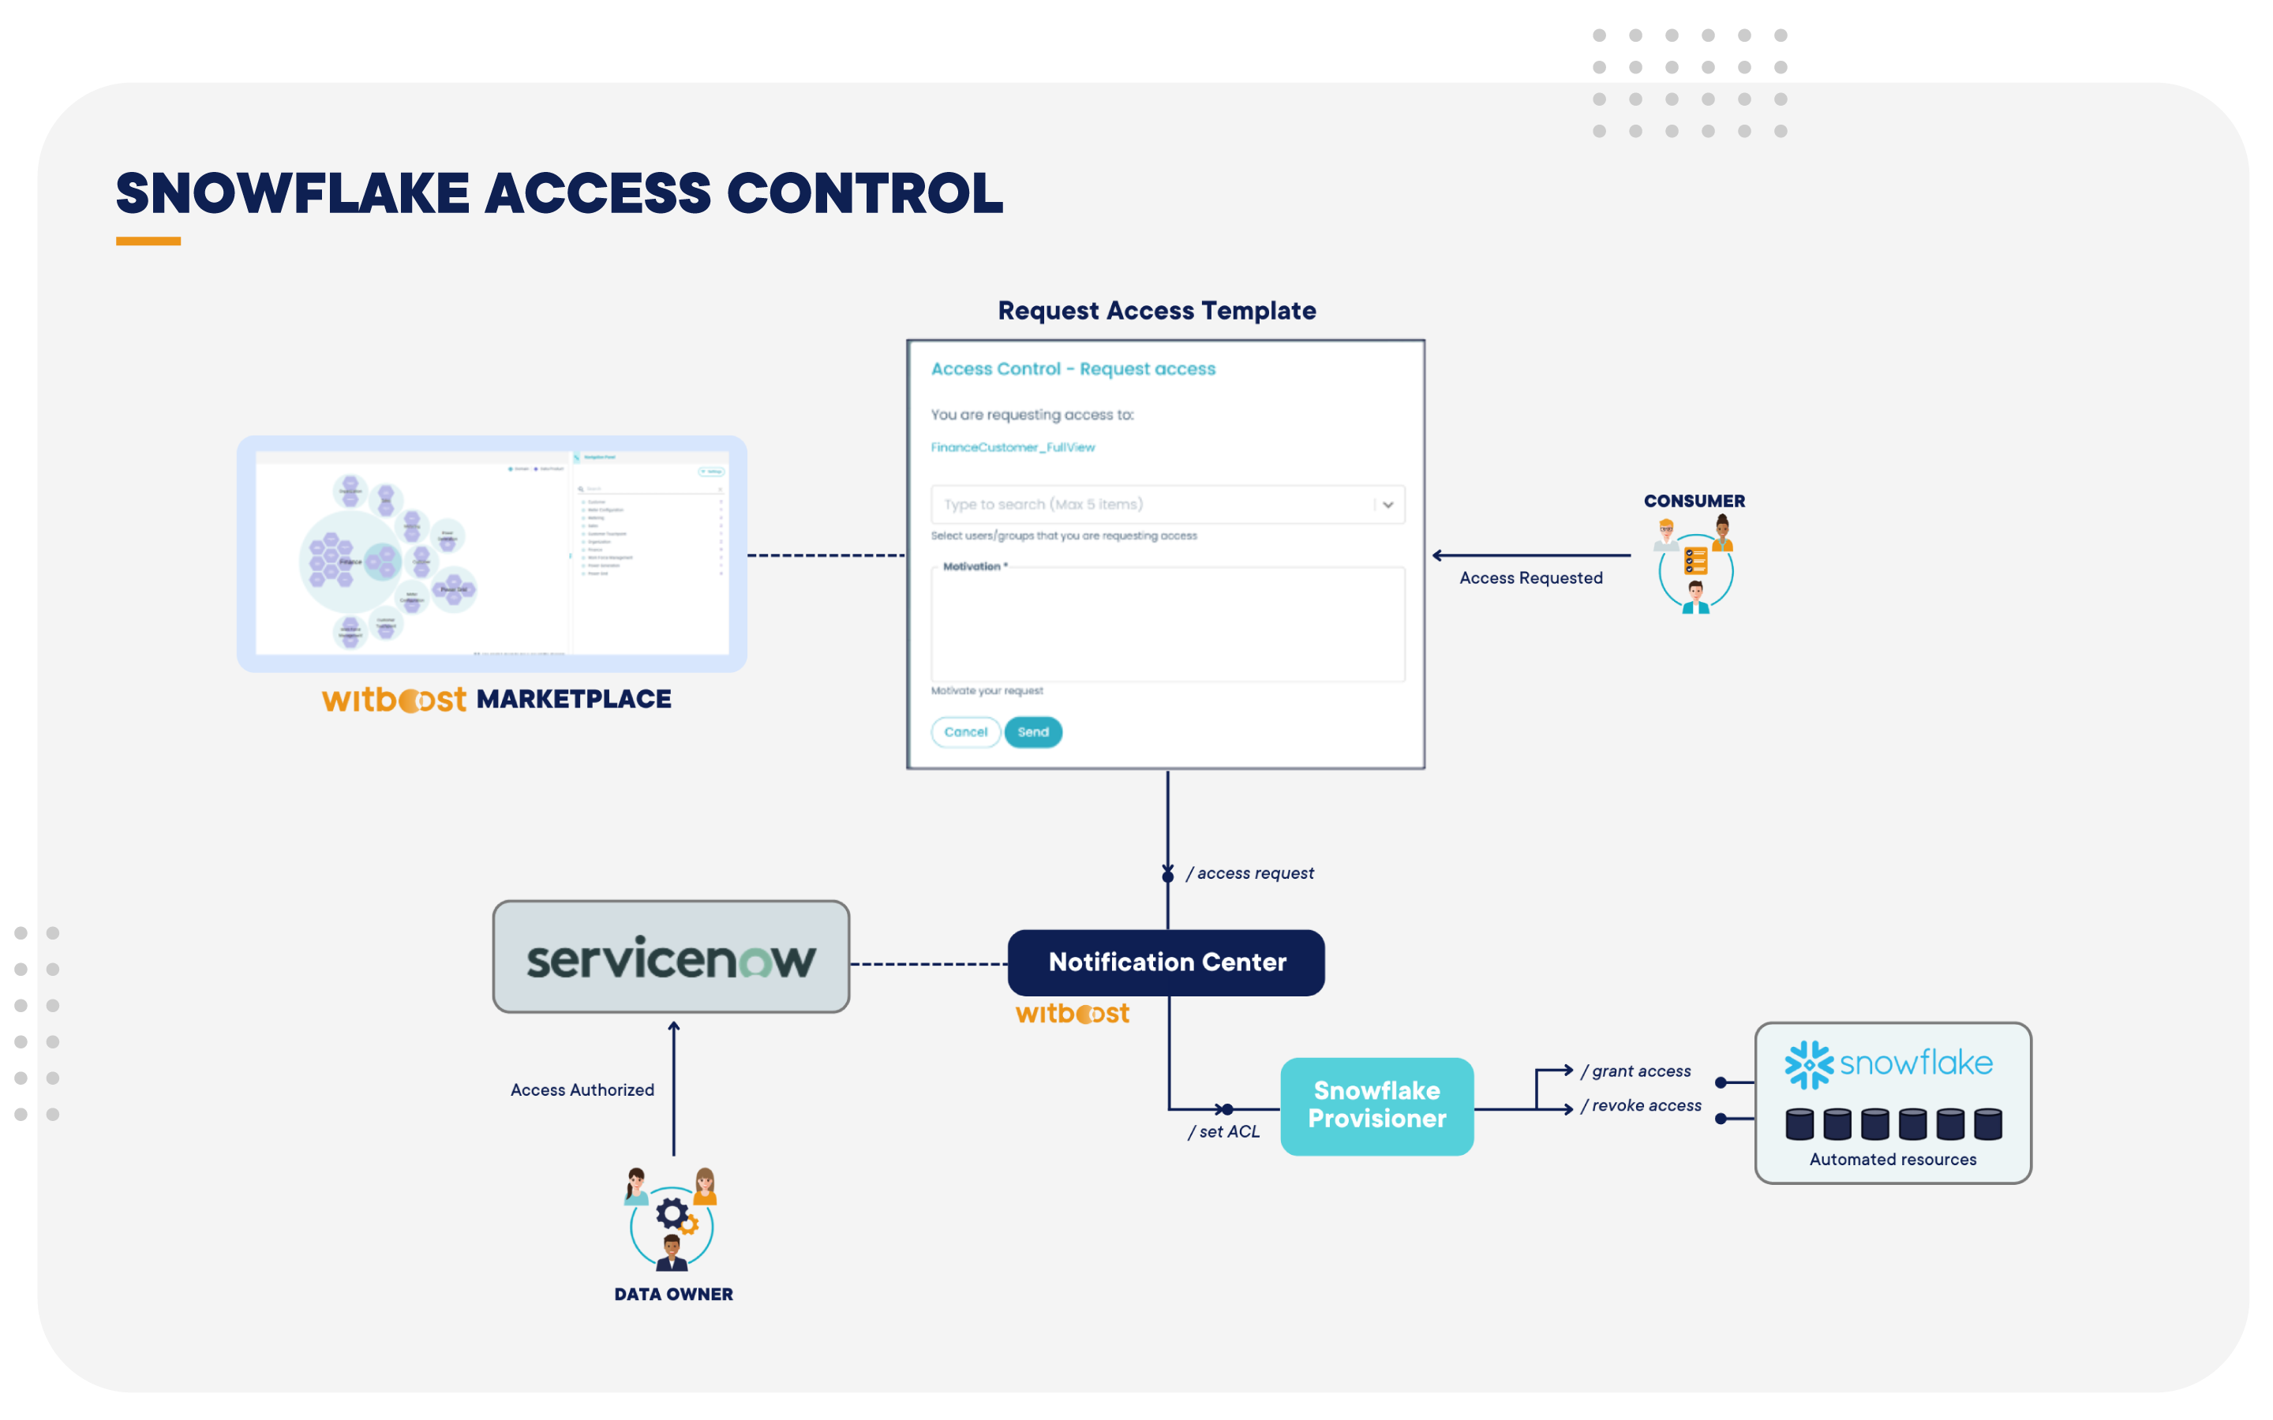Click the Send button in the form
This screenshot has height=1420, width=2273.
[1032, 731]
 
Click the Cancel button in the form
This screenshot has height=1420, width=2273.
[964, 731]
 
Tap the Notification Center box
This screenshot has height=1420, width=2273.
[1166, 962]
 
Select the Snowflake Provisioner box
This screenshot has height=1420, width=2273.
[1376, 1105]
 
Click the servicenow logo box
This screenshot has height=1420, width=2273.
[671, 957]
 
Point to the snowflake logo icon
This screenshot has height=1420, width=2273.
[1808, 1064]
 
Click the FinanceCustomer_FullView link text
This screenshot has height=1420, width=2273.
[1013, 447]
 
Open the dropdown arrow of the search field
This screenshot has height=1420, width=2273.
[1387, 504]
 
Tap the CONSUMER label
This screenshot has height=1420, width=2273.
[1694, 501]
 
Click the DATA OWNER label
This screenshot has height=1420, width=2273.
[672, 1293]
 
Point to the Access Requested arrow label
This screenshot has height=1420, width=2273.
[1530, 577]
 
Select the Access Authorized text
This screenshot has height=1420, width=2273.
[582, 1089]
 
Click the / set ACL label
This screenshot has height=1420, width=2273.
[1224, 1132]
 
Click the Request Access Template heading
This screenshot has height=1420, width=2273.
[1156, 310]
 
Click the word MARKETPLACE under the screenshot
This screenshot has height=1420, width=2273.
[573, 699]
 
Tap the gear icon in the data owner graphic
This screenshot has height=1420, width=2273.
[672, 1213]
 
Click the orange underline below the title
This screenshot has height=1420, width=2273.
[148, 241]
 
